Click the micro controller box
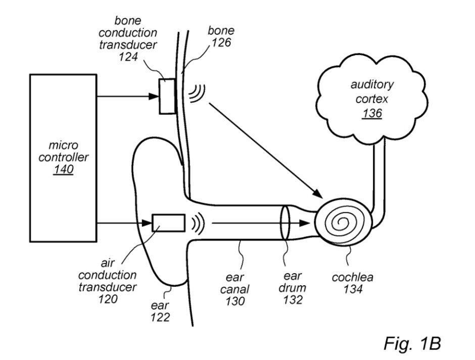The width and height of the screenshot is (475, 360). [x=63, y=157]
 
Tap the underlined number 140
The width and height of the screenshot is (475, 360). [x=63, y=170]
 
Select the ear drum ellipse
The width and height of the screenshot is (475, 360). [x=286, y=222]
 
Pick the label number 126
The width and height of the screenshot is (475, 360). [x=220, y=42]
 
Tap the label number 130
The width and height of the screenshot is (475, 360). [x=235, y=301]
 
